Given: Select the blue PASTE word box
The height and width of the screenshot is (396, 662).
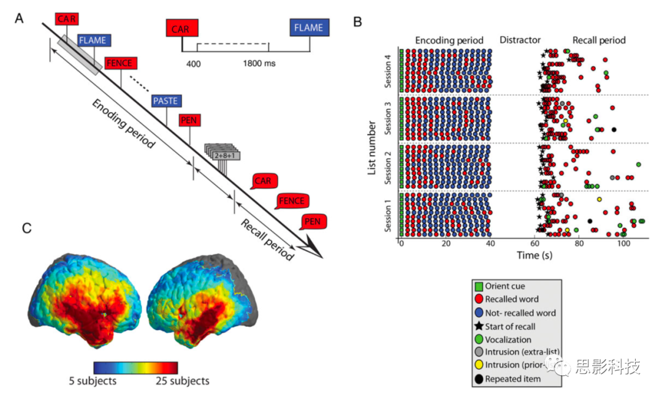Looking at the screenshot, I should coord(165,101).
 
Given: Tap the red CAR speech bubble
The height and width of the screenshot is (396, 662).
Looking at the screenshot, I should coord(264,181).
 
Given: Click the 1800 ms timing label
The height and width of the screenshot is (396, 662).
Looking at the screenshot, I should coord(259,64).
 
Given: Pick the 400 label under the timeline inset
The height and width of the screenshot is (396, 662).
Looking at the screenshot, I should coord(194,64).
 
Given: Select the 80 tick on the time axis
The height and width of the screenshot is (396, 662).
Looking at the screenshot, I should coord(579,243).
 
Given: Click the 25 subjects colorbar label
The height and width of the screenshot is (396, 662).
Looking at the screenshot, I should coord(181,381).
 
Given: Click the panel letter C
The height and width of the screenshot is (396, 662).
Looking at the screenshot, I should coord(26,227).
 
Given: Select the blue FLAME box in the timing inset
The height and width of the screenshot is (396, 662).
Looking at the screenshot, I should coord(310,28).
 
